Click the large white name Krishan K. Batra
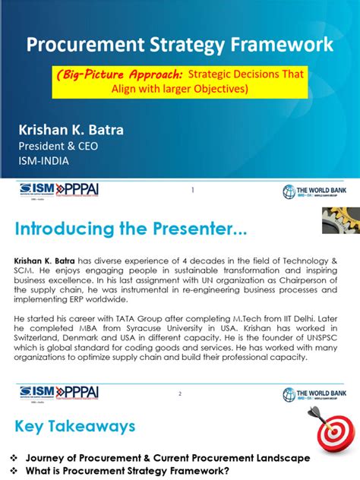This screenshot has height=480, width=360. pos(71,129)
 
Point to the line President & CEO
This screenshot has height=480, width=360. pos(58,146)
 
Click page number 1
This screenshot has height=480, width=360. pos(193,190)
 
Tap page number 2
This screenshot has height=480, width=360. pos(180,393)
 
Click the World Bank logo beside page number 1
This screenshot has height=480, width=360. pos(314,191)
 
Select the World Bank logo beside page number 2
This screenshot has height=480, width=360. pos(314,393)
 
